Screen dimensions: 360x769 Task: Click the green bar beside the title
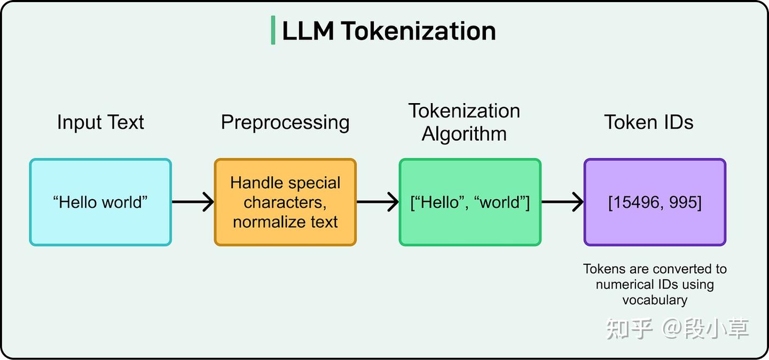coord(273,30)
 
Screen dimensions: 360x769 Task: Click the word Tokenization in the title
coord(418,31)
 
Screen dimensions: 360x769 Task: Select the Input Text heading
coord(100,122)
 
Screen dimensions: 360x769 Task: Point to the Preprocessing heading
coord(285,123)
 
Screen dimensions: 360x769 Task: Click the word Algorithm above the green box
coord(464,134)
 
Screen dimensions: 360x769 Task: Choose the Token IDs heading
coord(649,122)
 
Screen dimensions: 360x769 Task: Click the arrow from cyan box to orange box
coord(193,202)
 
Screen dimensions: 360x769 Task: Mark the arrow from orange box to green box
coord(378,202)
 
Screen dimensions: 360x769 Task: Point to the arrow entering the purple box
coord(562,202)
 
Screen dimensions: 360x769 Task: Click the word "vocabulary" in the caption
coord(655,300)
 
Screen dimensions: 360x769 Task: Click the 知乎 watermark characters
coord(630,329)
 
